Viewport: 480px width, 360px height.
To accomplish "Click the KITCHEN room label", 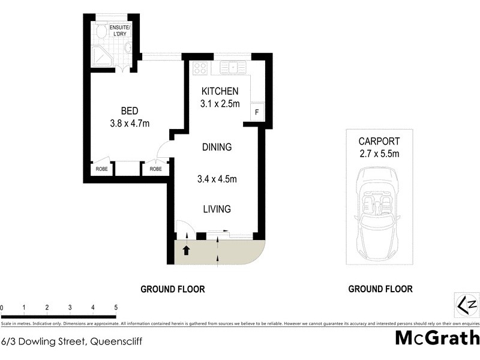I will click(x=220, y=91).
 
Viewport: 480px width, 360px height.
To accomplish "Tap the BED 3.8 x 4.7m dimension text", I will click(x=130, y=124).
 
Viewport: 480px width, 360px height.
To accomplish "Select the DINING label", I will click(x=216, y=147).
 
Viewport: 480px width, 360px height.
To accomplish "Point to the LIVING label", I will click(x=216, y=209).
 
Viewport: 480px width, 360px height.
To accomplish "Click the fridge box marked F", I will click(x=257, y=112).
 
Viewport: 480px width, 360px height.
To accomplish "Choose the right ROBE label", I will click(x=155, y=169).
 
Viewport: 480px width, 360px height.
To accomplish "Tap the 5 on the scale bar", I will click(x=115, y=308).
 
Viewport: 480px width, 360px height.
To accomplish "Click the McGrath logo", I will click(x=437, y=338).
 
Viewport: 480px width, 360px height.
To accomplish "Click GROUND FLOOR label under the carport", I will click(x=380, y=289).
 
